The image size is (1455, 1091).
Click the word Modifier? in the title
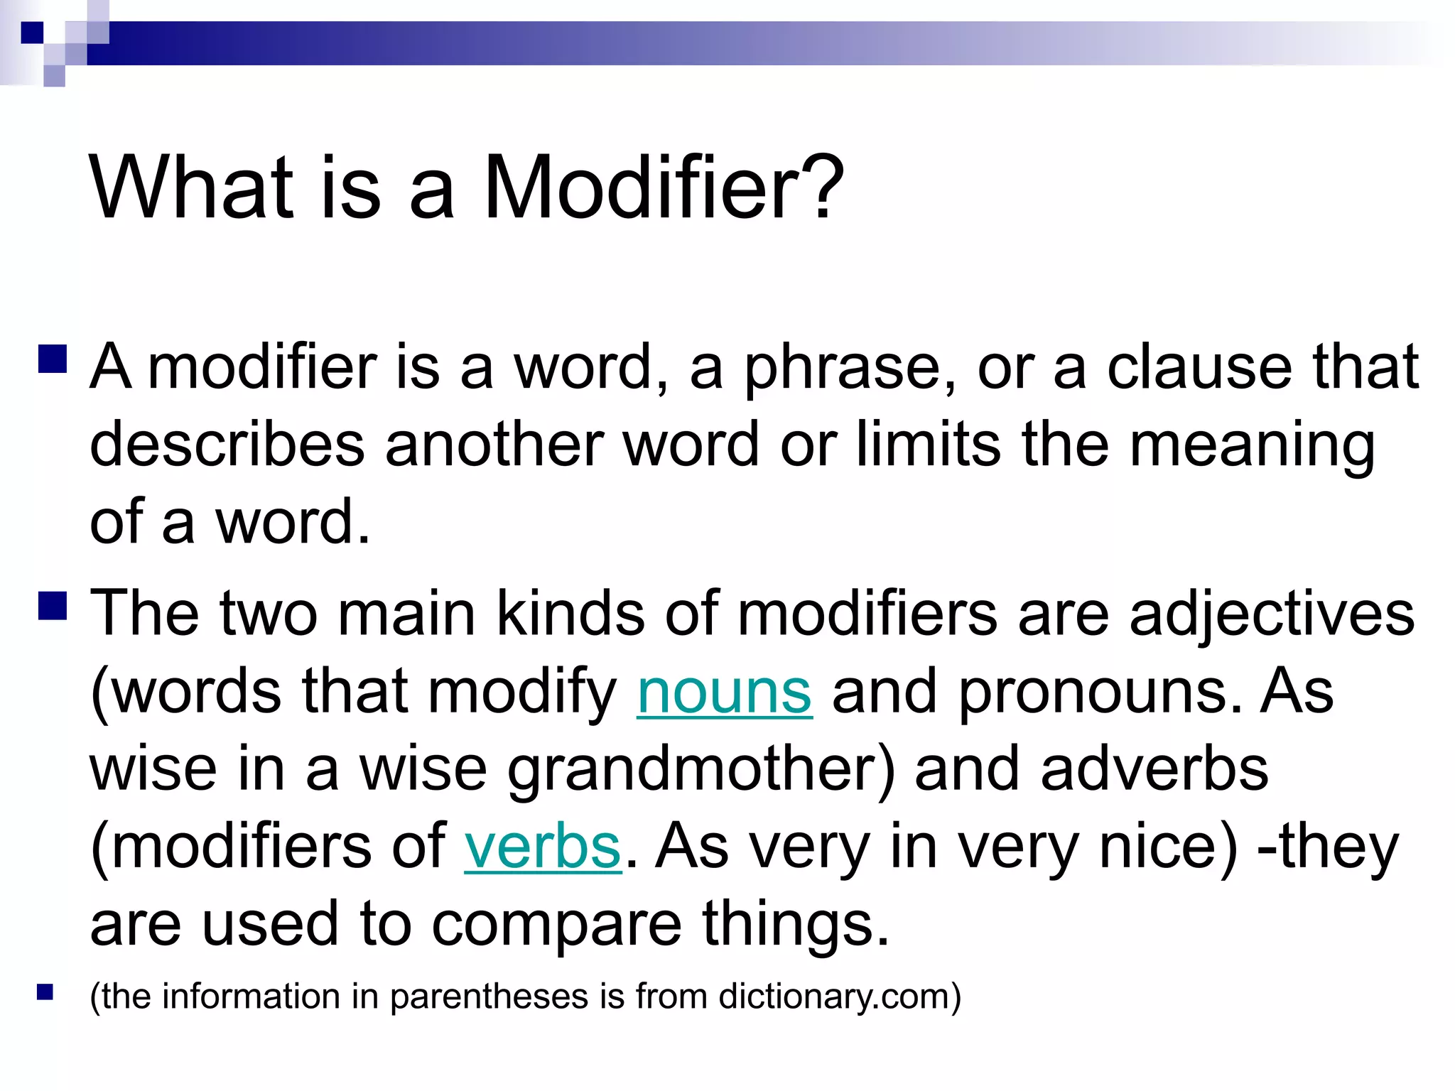coord(664,188)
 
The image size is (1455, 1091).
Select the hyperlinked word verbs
coord(543,846)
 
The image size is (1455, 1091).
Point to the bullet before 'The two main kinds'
coord(53,606)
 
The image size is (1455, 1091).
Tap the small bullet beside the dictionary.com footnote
coord(45,992)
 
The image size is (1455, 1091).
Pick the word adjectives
coord(1272,614)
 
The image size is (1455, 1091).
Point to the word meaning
coord(1252,446)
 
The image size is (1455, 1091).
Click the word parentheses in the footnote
coord(490,996)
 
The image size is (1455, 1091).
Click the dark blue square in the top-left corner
coord(32,33)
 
